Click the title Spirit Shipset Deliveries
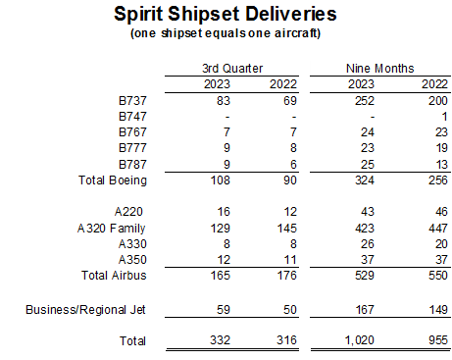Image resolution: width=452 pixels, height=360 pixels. pos(225,15)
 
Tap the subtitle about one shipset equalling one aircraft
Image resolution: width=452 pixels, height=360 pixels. pos(226,33)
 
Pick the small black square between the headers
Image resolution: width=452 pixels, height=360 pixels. pos(305,69)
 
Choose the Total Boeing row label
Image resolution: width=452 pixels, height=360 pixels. pos(112,180)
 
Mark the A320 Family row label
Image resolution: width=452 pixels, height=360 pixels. pos(116,228)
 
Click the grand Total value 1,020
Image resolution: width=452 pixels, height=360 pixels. pos(364,341)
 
